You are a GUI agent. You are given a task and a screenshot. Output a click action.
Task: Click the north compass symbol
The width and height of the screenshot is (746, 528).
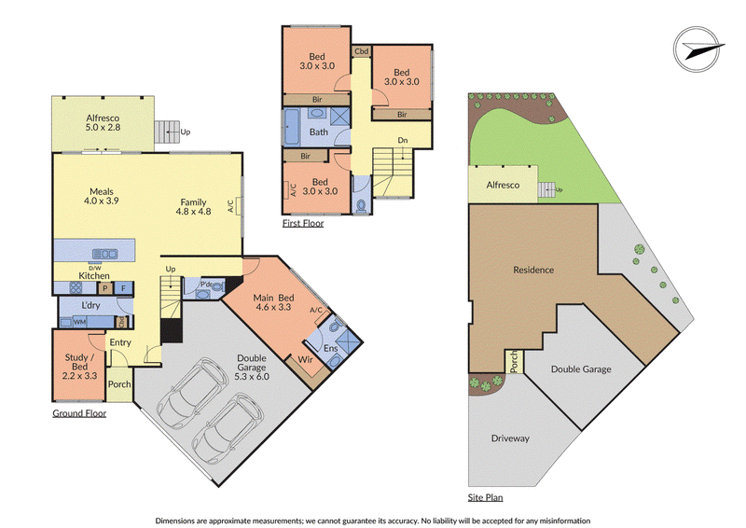698,49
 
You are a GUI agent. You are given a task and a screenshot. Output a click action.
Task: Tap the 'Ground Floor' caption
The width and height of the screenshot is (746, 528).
79,413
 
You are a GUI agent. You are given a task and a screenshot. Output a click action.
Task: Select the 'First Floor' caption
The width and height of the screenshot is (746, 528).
303,223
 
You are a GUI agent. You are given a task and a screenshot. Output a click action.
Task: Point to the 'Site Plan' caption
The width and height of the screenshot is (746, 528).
485,497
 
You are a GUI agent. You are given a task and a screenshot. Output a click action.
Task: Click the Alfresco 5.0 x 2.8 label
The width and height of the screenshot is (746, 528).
103,123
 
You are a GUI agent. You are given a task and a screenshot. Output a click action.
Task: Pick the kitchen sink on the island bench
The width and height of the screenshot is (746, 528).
105,254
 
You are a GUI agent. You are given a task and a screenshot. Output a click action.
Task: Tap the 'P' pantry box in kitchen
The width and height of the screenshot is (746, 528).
105,288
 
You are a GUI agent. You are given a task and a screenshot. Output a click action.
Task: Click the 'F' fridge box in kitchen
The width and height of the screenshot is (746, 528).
124,288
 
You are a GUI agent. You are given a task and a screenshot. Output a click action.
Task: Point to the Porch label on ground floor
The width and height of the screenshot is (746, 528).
119,384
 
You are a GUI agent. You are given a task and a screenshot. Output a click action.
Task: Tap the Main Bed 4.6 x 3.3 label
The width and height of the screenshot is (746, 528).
273,302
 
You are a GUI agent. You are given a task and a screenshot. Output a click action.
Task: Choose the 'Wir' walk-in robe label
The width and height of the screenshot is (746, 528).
306,359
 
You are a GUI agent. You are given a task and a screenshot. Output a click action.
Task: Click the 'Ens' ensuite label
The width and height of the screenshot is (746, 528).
331,348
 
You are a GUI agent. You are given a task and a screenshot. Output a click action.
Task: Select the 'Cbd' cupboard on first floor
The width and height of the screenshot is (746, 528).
362,51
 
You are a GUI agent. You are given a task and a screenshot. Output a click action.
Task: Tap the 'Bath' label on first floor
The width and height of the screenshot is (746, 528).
318,132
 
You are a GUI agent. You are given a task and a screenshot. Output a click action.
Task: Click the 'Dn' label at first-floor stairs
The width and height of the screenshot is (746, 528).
403,141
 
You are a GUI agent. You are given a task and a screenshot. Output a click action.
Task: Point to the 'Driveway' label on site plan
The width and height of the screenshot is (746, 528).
510,438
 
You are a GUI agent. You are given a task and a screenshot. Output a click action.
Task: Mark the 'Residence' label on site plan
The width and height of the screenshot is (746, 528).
533,270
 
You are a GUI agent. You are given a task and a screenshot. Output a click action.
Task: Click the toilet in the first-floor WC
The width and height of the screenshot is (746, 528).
362,205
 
